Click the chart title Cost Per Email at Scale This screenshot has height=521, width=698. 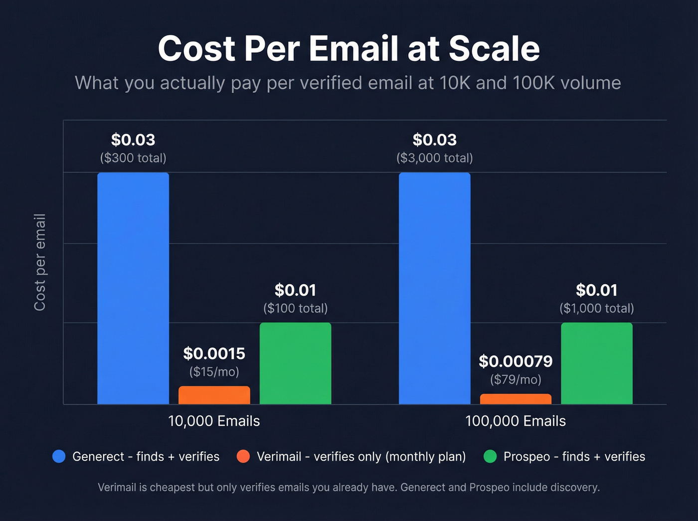click(x=349, y=48)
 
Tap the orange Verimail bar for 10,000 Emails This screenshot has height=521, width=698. click(x=214, y=395)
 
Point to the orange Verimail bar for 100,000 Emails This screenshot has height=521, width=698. click(x=516, y=399)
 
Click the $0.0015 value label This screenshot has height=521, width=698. click(x=214, y=353)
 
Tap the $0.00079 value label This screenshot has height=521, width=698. click(x=516, y=361)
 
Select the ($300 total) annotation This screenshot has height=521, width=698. click(x=133, y=158)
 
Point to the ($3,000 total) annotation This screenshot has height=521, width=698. click(x=434, y=158)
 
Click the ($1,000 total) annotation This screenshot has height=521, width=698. click(x=596, y=308)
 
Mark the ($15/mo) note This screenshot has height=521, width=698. click(x=214, y=371)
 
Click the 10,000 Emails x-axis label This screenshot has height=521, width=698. click(x=214, y=421)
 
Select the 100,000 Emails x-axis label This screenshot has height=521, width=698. click(x=516, y=421)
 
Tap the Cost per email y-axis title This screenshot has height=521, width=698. click(x=40, y=262)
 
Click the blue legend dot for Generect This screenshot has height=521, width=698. click(x=59, y=456)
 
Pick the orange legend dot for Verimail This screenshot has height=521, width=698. click(x=243, y=456)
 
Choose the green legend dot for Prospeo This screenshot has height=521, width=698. click(x=490, y=456)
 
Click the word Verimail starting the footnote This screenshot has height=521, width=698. click(x=117, y=488)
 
